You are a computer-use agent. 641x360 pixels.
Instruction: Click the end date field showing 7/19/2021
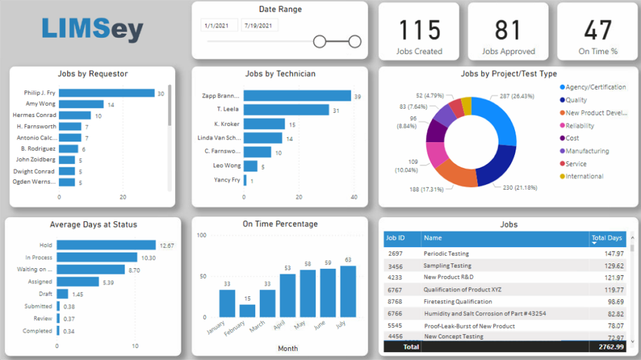click(x=259, y=26)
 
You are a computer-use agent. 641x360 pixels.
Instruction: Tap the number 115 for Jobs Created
click(x=419, y=30)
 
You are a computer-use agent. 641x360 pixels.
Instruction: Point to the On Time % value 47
click(x=598, y=30)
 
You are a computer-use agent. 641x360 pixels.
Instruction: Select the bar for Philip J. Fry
click(x=106, y=93)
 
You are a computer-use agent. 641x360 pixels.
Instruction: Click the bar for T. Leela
click(x=287, y=110)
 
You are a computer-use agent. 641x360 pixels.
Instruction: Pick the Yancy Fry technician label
click(x=226, y=180)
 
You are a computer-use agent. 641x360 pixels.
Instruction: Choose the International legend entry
click(x=584, y=176)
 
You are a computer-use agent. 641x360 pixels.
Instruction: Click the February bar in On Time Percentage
click(x=247, y=310)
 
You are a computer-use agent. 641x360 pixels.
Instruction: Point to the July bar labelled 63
click(x=347, y=291)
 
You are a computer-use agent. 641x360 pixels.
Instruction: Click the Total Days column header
click(x=607, y=238)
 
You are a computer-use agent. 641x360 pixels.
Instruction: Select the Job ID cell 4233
click(x=395, y=277)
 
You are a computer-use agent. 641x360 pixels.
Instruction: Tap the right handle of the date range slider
click(x=354, y=42)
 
